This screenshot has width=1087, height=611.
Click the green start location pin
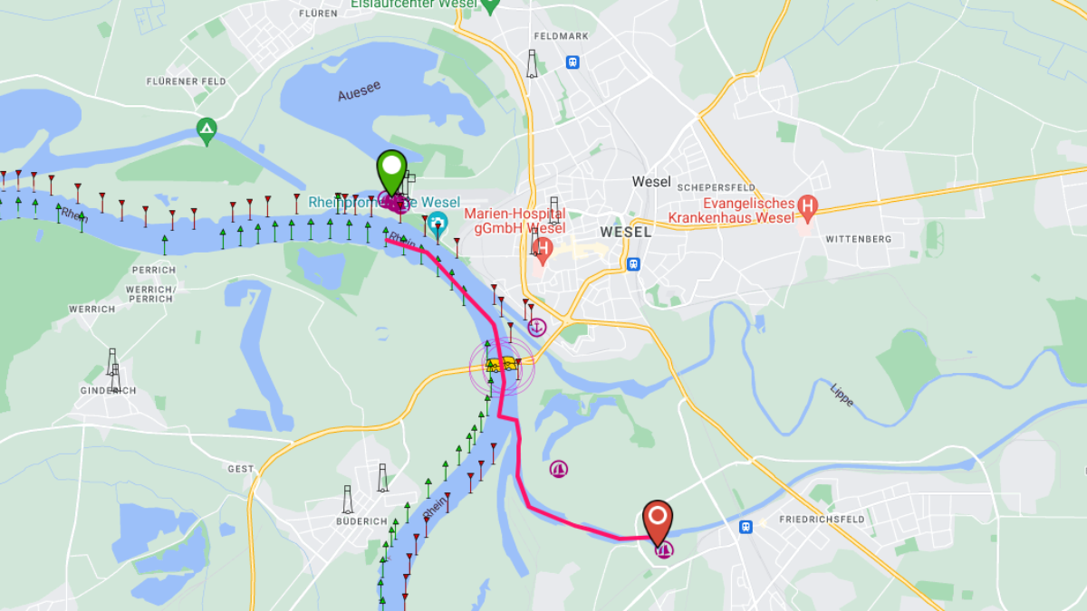tap(390, 168)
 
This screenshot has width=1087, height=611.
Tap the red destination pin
tap(658, 519)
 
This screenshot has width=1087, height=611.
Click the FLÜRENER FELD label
tap(186, 81)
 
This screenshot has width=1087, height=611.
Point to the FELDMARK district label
tap(562, 37)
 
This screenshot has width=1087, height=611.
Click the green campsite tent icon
tap(207, 129)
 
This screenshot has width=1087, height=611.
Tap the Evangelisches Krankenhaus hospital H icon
tap(807, 210)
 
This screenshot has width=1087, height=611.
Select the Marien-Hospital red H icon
tap(543, 246)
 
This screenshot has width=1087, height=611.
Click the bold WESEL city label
tap(625, 232)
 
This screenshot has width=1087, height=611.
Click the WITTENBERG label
tap(858, 239)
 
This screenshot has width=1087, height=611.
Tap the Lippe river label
tap(842, 395)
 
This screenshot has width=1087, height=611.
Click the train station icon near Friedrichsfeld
tap(746, 526)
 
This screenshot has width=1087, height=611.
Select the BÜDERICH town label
tap(361, 521)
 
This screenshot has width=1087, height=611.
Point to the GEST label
tap(241, 469)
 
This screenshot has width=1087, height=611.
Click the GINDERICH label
tap(108, 390)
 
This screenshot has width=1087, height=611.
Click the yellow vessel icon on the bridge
tap(502, 365)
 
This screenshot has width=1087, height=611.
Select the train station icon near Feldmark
tap(572, 62)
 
